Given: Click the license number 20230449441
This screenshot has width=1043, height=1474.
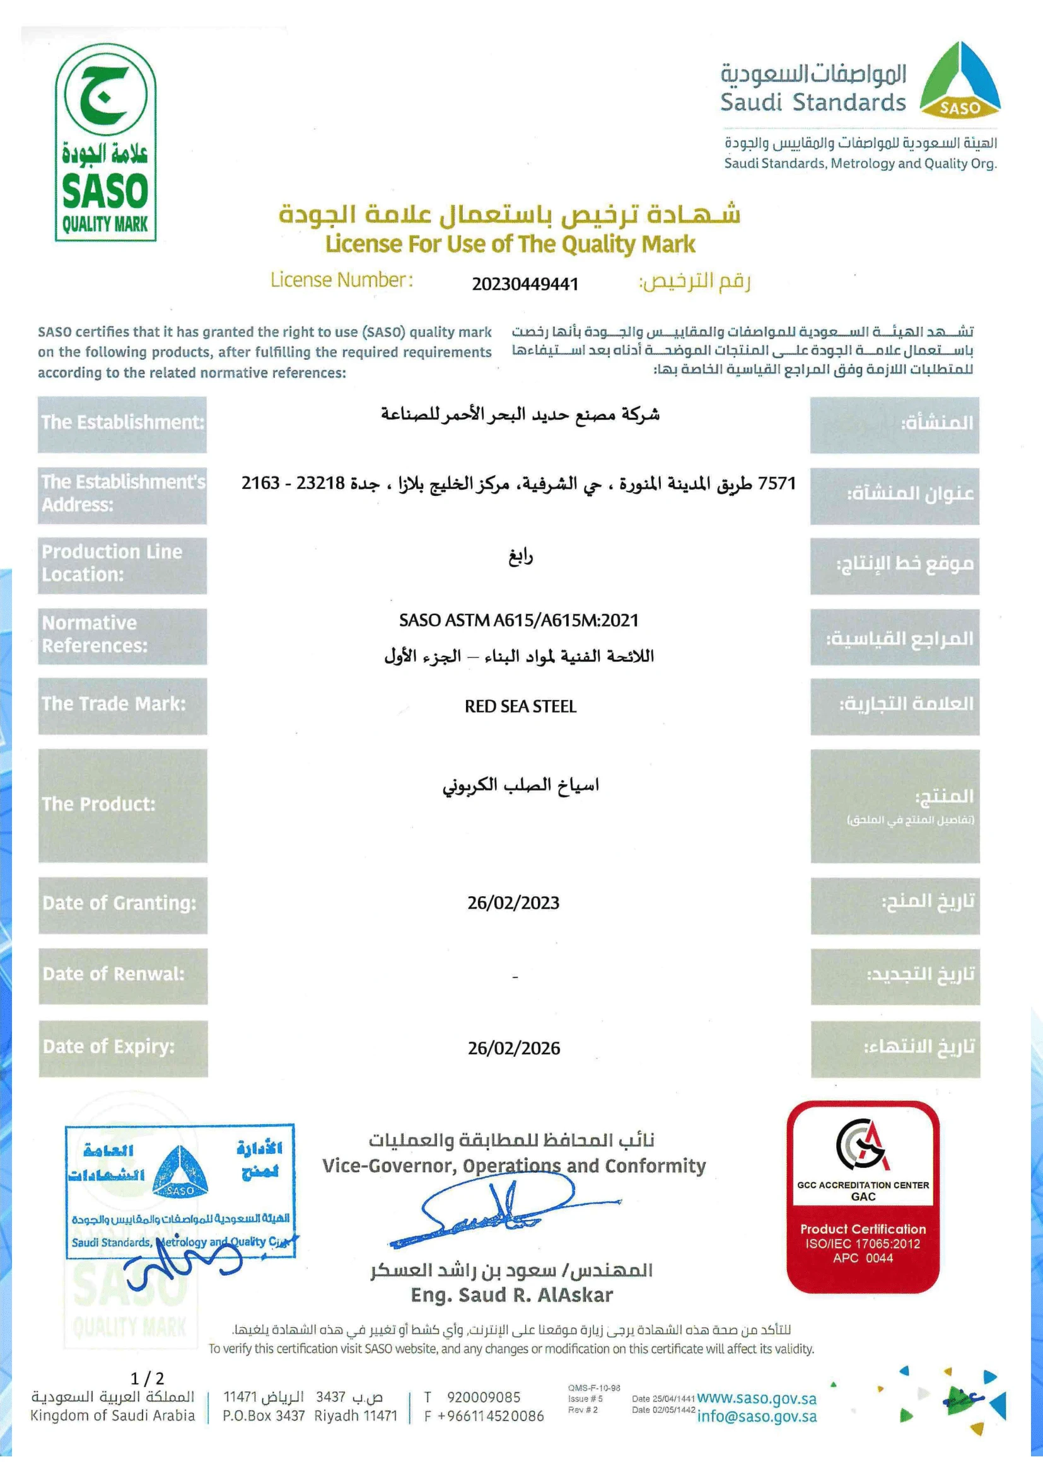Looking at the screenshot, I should coord(525,284).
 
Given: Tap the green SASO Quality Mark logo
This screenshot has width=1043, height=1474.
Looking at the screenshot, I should coord(106,151).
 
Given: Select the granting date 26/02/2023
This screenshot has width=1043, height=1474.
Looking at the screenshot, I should coord(513,902).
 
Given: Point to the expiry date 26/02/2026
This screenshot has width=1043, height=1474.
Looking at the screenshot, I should coord(514,1048).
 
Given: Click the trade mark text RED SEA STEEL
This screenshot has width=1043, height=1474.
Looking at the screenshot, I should coord(520,706).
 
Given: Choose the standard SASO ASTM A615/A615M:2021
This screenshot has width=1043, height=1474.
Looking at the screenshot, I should coord(519,620).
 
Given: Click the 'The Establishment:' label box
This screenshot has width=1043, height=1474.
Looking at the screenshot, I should coord(122,423).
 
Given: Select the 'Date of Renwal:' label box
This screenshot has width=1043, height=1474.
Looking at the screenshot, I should coord(123,975).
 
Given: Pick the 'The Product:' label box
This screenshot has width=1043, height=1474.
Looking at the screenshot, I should coord(123,805).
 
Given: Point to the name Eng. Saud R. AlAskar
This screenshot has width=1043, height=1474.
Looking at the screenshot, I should coord(512,1295).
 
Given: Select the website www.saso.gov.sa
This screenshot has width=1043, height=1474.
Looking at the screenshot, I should coord(757,1398).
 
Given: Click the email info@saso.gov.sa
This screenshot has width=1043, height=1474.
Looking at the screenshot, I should coord(757,1416).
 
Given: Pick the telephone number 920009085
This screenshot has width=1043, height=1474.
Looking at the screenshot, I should coord(484,1398).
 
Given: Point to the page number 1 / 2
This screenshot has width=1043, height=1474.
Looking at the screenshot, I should coord(148,1378).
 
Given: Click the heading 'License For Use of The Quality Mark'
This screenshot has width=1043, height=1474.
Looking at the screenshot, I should coord(510,244).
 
